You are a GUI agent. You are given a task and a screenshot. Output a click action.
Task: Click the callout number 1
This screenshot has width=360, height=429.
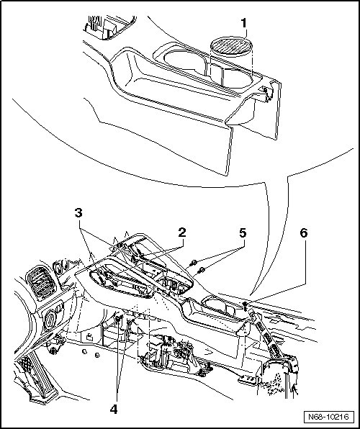point(243,23)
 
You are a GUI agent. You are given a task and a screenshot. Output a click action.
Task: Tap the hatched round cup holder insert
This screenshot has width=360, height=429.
point(231,45)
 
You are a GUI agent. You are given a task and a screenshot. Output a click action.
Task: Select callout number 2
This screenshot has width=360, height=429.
point(181,232)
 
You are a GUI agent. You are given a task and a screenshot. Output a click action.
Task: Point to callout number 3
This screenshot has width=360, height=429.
point(78,212)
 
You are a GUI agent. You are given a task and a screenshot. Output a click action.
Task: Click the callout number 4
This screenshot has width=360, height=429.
point(114,410)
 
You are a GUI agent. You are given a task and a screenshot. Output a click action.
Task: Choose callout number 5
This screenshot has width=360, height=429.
point(243,233)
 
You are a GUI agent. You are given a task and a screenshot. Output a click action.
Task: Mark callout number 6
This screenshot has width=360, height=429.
point(304,232)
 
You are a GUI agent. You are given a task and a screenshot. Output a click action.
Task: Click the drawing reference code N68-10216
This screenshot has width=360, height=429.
point(328,417)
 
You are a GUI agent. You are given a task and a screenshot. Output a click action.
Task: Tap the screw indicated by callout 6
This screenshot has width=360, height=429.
point(245,306)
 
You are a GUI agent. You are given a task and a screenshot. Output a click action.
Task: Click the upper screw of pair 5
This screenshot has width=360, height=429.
point(194,263)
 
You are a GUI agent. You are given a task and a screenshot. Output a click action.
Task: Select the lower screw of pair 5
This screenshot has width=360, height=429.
point(202,270)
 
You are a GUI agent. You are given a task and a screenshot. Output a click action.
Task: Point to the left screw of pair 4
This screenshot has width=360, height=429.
point(118,319)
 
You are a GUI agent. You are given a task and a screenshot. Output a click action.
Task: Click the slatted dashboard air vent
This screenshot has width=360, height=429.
point(41,283)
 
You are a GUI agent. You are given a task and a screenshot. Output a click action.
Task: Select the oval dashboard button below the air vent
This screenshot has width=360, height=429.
point(50,320)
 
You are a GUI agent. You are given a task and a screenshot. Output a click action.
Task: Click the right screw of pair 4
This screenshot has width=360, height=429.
point(132,321)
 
